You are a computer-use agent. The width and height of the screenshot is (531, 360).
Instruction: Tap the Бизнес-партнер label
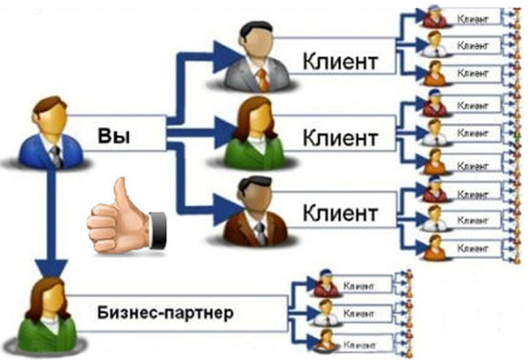point(166,312)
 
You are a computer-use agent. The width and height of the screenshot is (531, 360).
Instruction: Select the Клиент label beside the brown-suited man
point(341,214)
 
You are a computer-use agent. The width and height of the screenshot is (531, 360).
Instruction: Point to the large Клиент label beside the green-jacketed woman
point(341,138)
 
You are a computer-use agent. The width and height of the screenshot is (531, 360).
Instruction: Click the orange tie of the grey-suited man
point(263,79)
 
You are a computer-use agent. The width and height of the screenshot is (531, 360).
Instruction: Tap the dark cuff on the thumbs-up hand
point(157,229)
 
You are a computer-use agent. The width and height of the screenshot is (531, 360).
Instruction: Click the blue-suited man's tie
point(56,155)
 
